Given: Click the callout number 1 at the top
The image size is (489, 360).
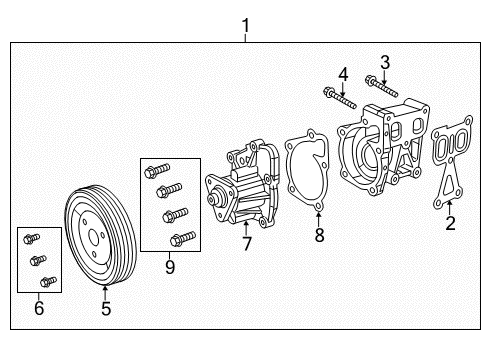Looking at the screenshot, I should pos(245,23).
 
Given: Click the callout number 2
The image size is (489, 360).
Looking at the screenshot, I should pos(450,223).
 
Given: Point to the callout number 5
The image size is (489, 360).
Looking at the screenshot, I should pos(105,309).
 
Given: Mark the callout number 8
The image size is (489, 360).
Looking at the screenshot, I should pos(319,236).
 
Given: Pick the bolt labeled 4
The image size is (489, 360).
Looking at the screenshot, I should pos(339,97).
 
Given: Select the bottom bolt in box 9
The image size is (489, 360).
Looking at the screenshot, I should pos(181,238).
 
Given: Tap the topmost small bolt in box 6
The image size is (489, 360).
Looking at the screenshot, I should pos(30,241).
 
